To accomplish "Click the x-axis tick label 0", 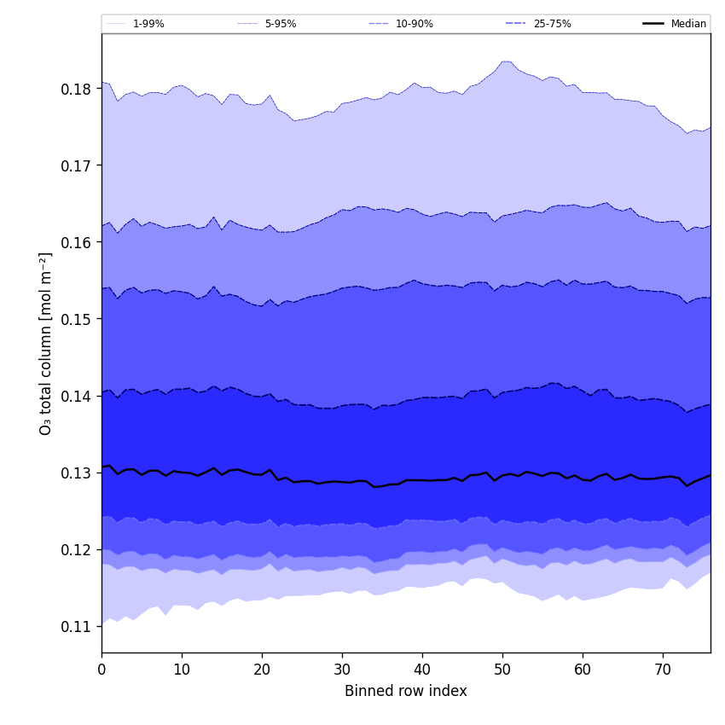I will click(x=101, y=670).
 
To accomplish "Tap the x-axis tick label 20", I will click(x=262, y=670).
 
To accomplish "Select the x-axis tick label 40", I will click(x=422, y=670).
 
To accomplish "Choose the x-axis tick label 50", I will click(x=502, y=670).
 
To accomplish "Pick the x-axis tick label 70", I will click(x=663, y=670).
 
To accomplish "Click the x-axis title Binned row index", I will click(x=406, y=691).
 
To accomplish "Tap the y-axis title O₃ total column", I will click(x=46, y=343).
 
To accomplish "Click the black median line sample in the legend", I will click(x=653, y=24).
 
